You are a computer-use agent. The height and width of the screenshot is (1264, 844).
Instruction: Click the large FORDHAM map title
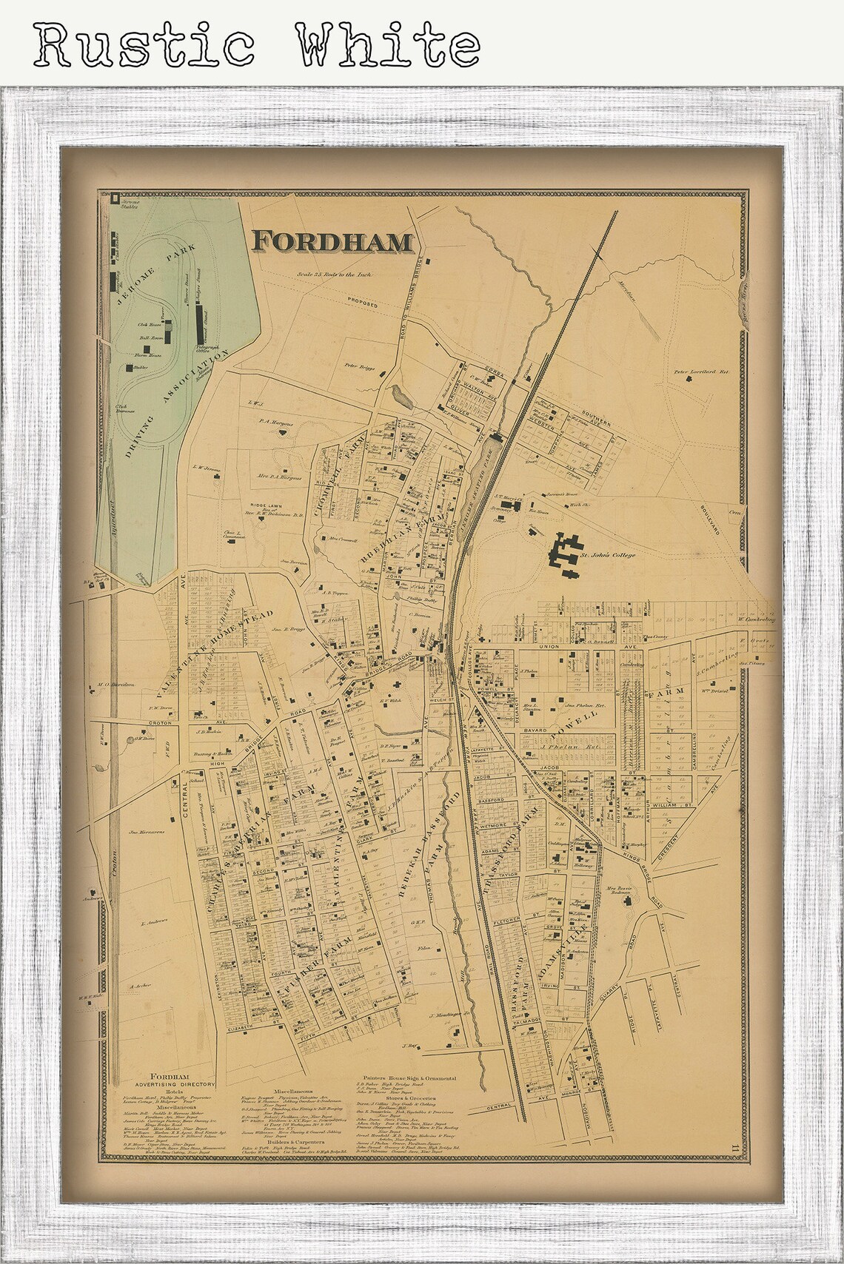[332, 241]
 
